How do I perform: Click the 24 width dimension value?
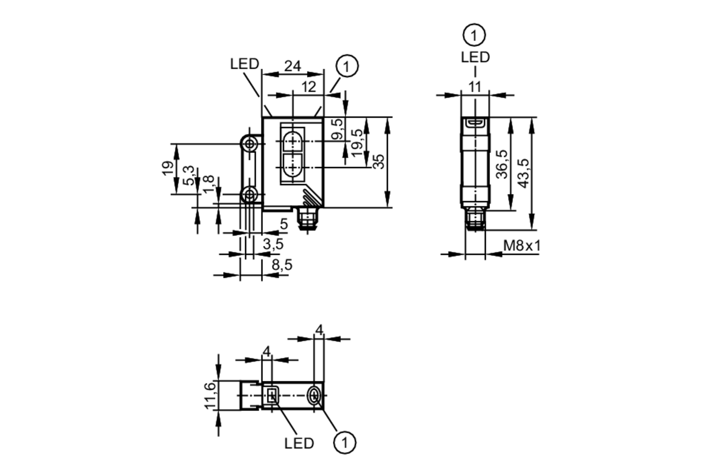(x=292, y=66)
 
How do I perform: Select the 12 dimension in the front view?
(x=309, y=87)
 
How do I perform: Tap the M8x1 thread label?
(x=522, y=246)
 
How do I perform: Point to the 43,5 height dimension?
(x=523, y=173)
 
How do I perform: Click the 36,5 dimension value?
(x=502, y=164)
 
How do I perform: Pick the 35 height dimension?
(x=379, y=162)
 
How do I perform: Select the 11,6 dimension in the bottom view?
(x=210, y=396)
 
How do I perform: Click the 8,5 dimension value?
(x=282, y=265)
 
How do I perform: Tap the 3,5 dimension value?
(x=273, y=244)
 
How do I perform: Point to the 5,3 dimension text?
(x=189, y=175)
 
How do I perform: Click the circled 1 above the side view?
(x=474, y=35)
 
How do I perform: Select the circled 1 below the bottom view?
(x=345, y=443)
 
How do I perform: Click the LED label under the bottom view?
(x=299, y=444)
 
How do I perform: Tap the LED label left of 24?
(x=244, y=64)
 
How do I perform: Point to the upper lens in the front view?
(x=292, y=141)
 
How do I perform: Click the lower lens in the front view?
(x=292, y=166)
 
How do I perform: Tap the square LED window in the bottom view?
(x=272, y=396)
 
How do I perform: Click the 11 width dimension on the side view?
(x=475, y=87)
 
